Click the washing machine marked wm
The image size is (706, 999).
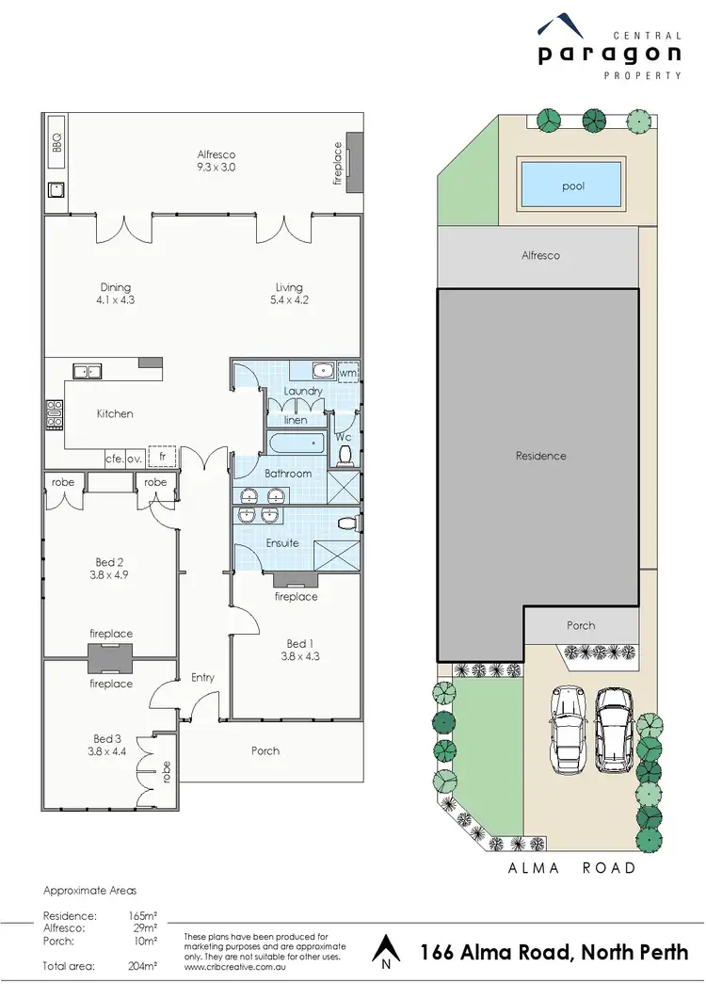tap(347, 373)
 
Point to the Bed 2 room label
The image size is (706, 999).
tap(110, 569)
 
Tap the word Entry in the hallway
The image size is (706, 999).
tap(202, 677)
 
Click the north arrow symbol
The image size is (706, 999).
tap(386, 950)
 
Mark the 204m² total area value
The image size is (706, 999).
tap(143, 966)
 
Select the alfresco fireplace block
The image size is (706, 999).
tap(355, 163)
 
